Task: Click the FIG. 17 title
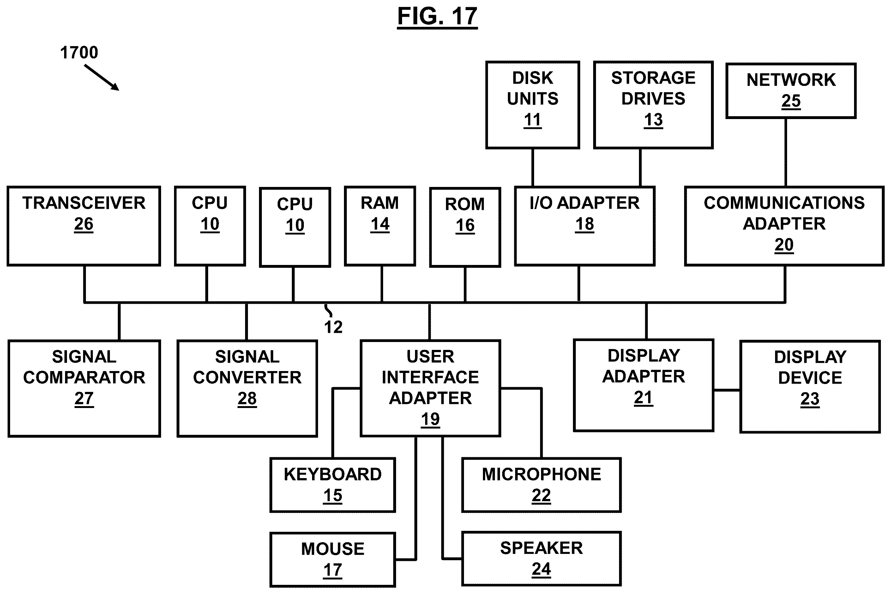[437, 17]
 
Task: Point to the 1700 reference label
[79, 52]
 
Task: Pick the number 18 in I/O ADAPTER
[585, 224]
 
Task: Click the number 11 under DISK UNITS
[533, 120]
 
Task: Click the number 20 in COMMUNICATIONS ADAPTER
[784, 245]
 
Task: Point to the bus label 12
[333, 327]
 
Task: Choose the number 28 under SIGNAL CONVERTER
[247, 399]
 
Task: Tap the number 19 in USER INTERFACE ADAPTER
[430, 419]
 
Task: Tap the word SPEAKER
[541, 548]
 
